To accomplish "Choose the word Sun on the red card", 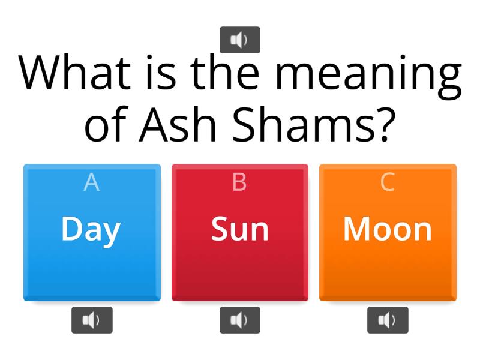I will (x=239, y=229).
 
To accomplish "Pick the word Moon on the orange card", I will (x=388, y=229).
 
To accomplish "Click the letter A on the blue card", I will (x=91, y=182).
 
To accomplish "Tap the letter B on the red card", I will (x=239, y=182).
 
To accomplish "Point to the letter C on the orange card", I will (x=388, y=182).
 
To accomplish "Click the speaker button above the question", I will (x=240, y=40).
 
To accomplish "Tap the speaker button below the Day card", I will (x=92, y=320).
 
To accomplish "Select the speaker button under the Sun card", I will (x=240, y=320).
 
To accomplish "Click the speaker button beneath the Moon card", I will (x=388, y=320).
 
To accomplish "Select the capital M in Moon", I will (x=355, y=229).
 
